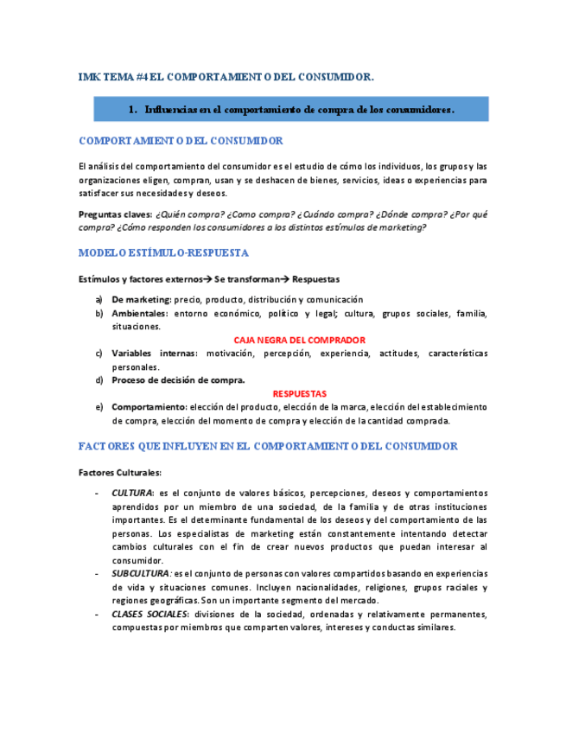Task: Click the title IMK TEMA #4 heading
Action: point(226,77)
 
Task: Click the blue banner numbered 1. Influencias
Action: point(291,110)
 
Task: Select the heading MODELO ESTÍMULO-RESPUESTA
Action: point(163,253)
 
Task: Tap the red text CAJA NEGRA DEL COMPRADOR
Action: point(299,340)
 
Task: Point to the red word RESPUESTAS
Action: point(299,393)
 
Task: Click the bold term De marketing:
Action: point(142,299)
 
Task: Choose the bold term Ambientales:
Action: point(140,313)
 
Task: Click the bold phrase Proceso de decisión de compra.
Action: point(178,379)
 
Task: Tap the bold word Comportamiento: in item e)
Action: point(149,406)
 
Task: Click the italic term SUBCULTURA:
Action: point(142,574)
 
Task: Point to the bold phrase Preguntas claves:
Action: point(115,214)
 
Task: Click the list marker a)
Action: point(99,299)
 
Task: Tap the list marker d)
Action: point(99,379)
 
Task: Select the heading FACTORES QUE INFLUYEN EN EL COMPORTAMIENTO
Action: point(268,446)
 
